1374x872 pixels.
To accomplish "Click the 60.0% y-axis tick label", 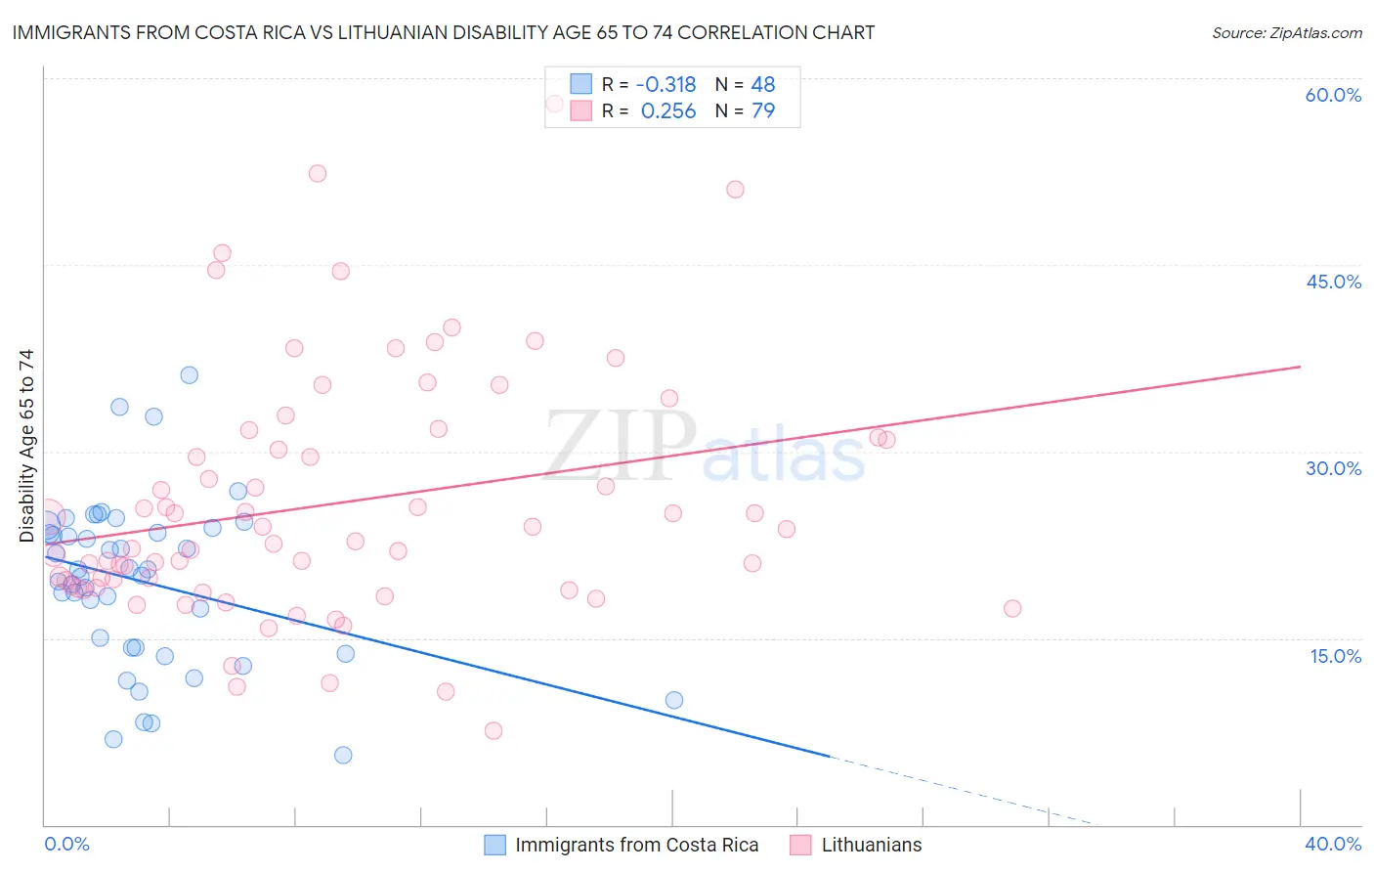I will click(x=1333, y=95).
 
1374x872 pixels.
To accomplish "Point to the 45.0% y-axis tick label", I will click(x=1333, y=282).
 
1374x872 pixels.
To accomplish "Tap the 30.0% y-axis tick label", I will click(x=1333, y=468).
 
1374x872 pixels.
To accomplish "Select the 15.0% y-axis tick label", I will click(x=1335, y=656).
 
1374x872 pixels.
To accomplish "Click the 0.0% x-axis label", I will click(x=66, y=844).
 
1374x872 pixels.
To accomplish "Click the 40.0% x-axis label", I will click(x=1333, y=844).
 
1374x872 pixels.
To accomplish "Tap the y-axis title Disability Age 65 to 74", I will click(x=26, y=445).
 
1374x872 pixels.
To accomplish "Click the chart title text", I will click(x=444, y=32).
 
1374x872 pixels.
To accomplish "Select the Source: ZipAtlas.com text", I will click(x=1286, y=32).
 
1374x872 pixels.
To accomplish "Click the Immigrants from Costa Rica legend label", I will click(x=636, y=845).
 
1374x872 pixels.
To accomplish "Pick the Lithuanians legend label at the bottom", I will click(x=872, y=845).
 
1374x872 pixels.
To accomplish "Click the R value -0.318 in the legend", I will click(x=666, y=84).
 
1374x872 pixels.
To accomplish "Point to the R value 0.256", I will click(x=668, y=111).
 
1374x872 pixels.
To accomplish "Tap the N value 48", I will click(x=763, y=84).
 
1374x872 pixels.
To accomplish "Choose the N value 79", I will click(x=763, y=111).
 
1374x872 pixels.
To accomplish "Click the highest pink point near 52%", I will click(x=318, y=173).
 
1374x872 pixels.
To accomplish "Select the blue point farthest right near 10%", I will click(x=674, y=700).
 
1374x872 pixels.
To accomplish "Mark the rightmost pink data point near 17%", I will click(x=1012, y=608).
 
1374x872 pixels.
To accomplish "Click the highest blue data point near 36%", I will click(x=190, y=375).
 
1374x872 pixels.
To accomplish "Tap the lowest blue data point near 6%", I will click(x=343, y=755).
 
